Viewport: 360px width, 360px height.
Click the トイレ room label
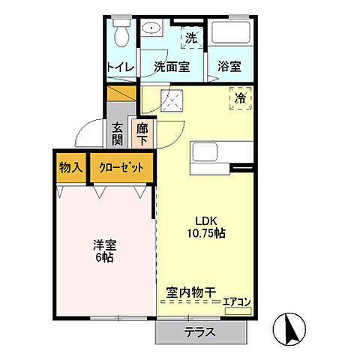(x=120, y=66)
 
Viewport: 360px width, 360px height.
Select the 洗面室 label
(x=172, y=66)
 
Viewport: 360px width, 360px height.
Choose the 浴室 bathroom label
(x=230, y=66)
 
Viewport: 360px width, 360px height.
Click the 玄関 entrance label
(x=118, y=135)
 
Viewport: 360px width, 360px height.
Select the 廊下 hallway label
(x=142, y=135)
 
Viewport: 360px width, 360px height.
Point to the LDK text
(x=207, y=220)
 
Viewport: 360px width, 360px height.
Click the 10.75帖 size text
(x=207, y=233)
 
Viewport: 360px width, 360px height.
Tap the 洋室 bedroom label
(x=104, y=245)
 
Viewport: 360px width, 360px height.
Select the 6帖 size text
(x=104, y=259)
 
